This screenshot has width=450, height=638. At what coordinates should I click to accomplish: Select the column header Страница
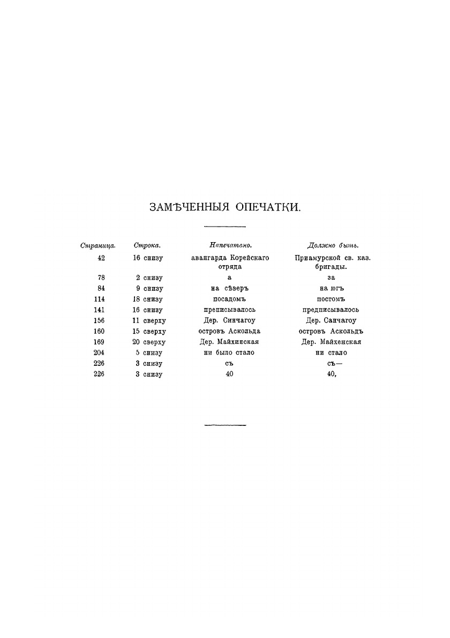(95, 246)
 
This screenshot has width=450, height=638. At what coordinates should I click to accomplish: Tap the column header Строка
(147, 246)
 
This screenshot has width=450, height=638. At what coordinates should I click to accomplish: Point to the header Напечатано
(230, 246)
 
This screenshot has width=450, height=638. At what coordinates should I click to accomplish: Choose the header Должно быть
(333, 246)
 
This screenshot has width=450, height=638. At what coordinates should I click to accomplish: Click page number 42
(101, 258)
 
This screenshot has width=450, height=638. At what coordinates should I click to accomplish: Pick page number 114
(99, 299)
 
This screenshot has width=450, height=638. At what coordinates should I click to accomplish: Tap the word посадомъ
(230, 299)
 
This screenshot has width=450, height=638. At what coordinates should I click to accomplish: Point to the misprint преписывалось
(230, 310)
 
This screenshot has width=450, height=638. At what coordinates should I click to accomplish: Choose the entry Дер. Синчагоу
(230, 320)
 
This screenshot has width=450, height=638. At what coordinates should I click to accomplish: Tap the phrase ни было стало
(230, 352)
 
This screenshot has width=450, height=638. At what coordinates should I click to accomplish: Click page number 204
(99, 352)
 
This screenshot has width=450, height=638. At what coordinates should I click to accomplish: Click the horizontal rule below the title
(225, 227)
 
